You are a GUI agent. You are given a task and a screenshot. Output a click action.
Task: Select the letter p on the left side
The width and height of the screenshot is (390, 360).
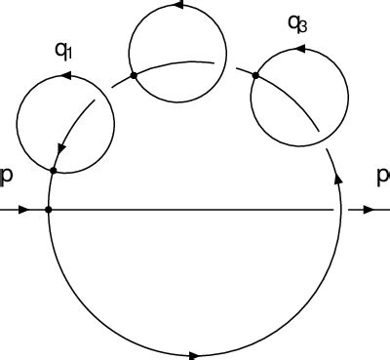coord(7,176)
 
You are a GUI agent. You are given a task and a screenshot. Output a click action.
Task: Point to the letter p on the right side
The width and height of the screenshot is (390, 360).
coord(381,176)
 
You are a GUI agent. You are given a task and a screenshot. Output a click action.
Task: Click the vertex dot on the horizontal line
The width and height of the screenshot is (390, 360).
coord(48,210)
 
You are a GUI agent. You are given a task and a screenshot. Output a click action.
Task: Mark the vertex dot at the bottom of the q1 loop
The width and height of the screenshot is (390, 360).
coord(55,171)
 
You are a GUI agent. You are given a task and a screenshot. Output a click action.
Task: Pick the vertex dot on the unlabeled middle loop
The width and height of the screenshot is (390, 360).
coord(133,74)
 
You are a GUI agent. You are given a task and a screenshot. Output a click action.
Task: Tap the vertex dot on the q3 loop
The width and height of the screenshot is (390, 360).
coord(255,75)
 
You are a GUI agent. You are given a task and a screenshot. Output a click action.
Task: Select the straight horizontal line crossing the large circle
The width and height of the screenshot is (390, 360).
coord(195,210)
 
